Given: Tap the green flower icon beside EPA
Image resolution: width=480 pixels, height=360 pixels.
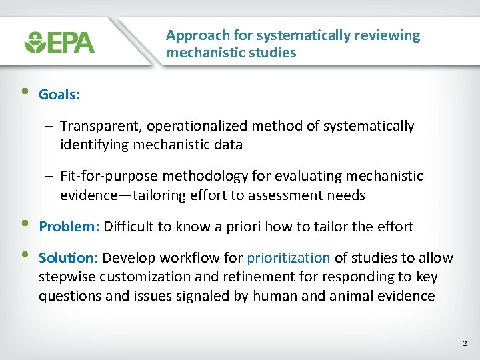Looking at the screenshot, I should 34,43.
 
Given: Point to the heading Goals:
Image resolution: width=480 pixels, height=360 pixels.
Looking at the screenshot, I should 59,95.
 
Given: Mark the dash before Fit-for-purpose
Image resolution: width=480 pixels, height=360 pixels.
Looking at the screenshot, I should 50,177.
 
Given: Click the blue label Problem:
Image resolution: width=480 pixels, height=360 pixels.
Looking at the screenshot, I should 69,227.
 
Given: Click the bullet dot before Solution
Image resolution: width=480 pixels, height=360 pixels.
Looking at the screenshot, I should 25,256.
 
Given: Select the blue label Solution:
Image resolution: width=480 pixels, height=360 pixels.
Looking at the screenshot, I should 69,258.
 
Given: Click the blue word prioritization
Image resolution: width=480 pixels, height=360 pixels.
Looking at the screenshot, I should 288,258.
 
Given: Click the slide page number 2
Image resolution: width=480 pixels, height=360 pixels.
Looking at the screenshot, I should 465,344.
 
